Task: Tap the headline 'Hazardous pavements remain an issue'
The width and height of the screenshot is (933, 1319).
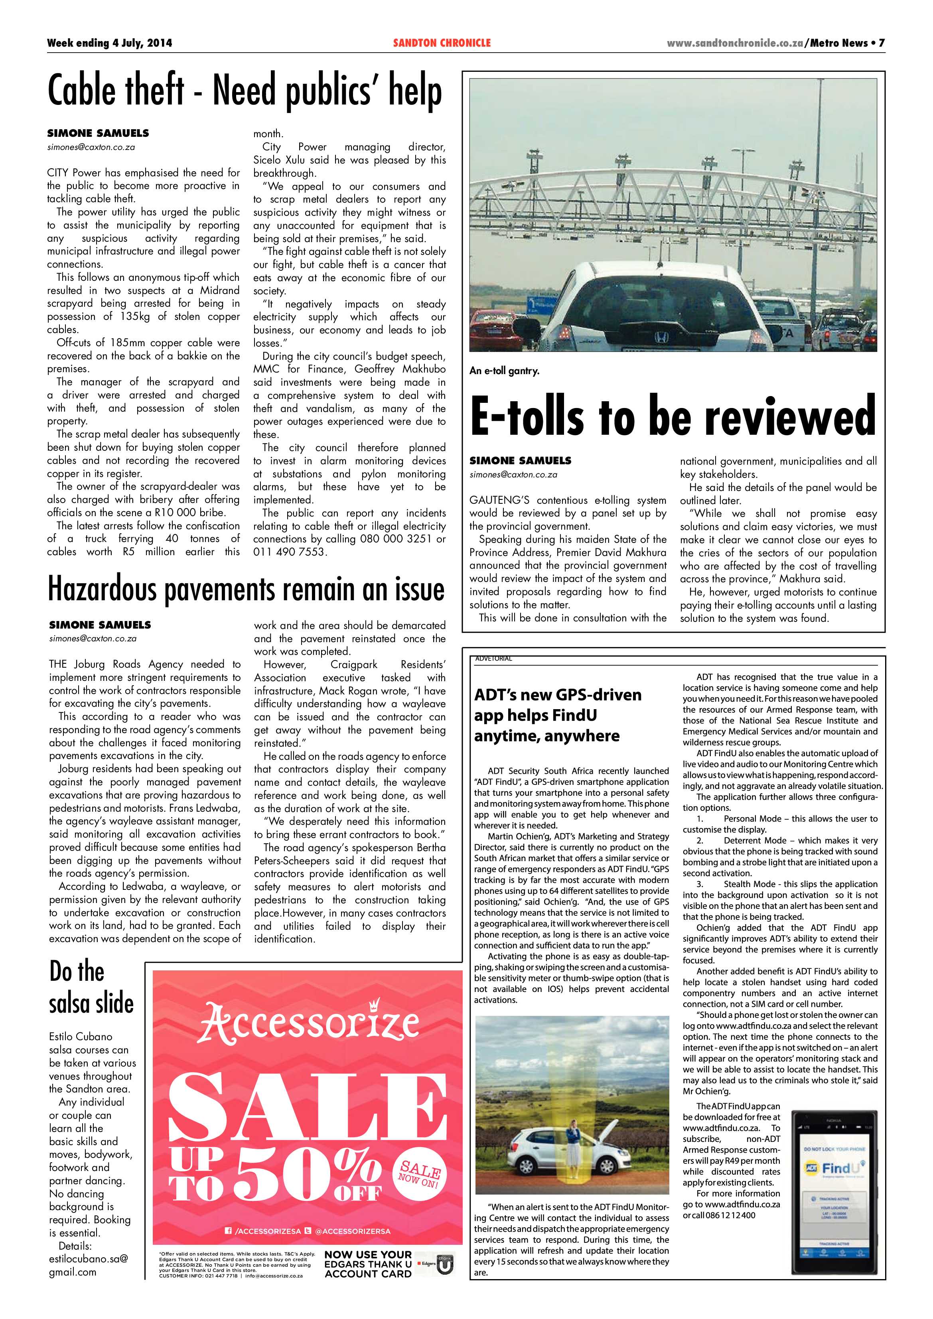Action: click(246, 590)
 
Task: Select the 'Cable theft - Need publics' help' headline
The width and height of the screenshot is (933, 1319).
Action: click(245, 91)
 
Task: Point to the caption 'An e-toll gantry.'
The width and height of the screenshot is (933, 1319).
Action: click(504, 371)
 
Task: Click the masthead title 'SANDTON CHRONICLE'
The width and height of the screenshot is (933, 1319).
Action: click(442, 43)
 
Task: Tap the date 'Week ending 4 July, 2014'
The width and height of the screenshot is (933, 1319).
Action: click(109, 43)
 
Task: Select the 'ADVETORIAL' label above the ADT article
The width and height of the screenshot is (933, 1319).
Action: click(493, 659)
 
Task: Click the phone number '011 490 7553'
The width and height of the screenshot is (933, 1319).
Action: click(290, 552)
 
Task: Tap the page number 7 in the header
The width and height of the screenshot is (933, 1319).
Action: click(881, 43)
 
